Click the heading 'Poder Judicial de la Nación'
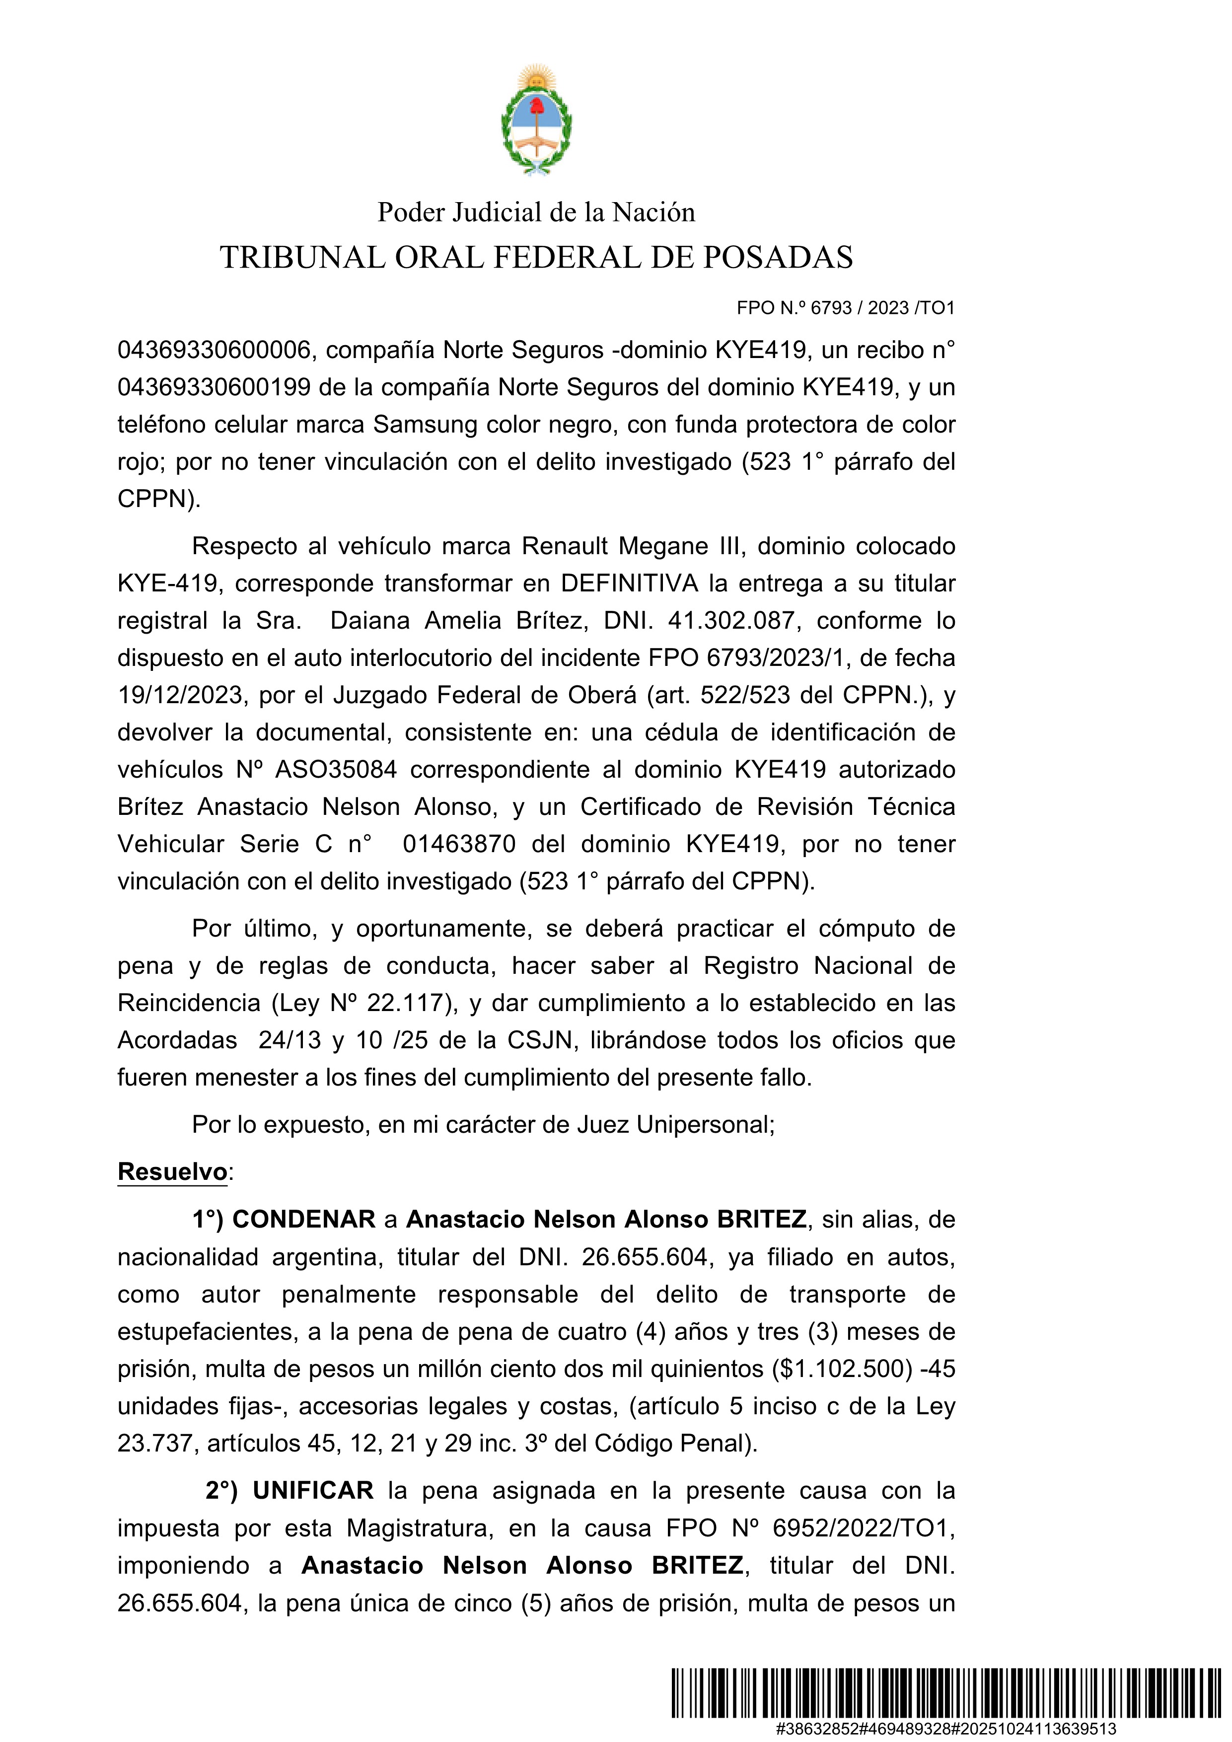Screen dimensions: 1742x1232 click(x=536, y=213)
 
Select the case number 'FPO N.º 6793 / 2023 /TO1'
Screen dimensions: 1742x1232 click(x=845, y=308)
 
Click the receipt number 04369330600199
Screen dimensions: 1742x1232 click(x=214, y=388)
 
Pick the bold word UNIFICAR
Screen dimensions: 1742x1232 click(x=312, y=1491)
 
